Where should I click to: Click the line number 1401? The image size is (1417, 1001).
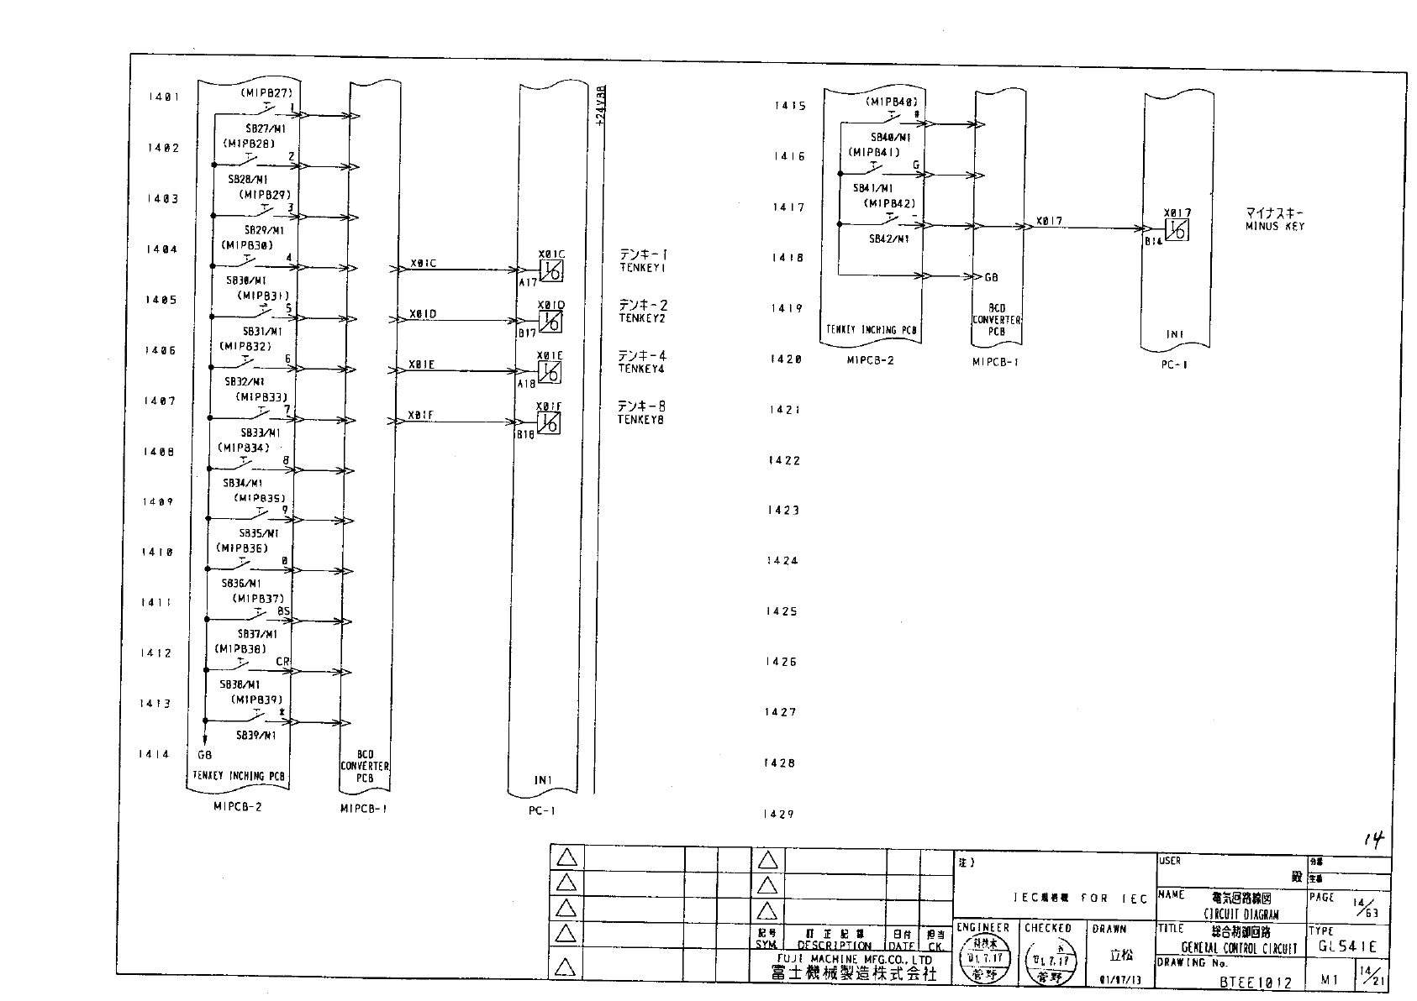tap(164, 97)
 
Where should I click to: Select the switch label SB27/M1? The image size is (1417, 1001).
tap(265, 130)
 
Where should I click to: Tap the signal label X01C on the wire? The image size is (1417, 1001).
tap(424, 264)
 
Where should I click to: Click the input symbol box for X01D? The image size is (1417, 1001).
tap(550, 322)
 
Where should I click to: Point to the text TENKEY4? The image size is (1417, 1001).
tap(641, 369)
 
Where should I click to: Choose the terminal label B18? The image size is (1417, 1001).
tap(525, 435)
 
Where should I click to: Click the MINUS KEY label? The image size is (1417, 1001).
tap(1275, 227)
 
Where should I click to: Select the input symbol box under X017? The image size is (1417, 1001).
tap(1177, 229)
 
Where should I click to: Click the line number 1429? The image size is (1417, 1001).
tap(779, 815)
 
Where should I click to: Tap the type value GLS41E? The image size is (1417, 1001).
tap(1347, 946)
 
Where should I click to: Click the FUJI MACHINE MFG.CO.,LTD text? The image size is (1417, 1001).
tap(854, 959)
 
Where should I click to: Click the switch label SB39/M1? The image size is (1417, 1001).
tap(256, 736)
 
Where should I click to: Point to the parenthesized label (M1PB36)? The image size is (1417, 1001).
tap(242, 548)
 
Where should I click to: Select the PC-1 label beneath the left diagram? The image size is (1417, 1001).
tap(542, 811)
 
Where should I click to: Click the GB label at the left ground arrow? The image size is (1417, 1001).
tap(204, 754)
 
